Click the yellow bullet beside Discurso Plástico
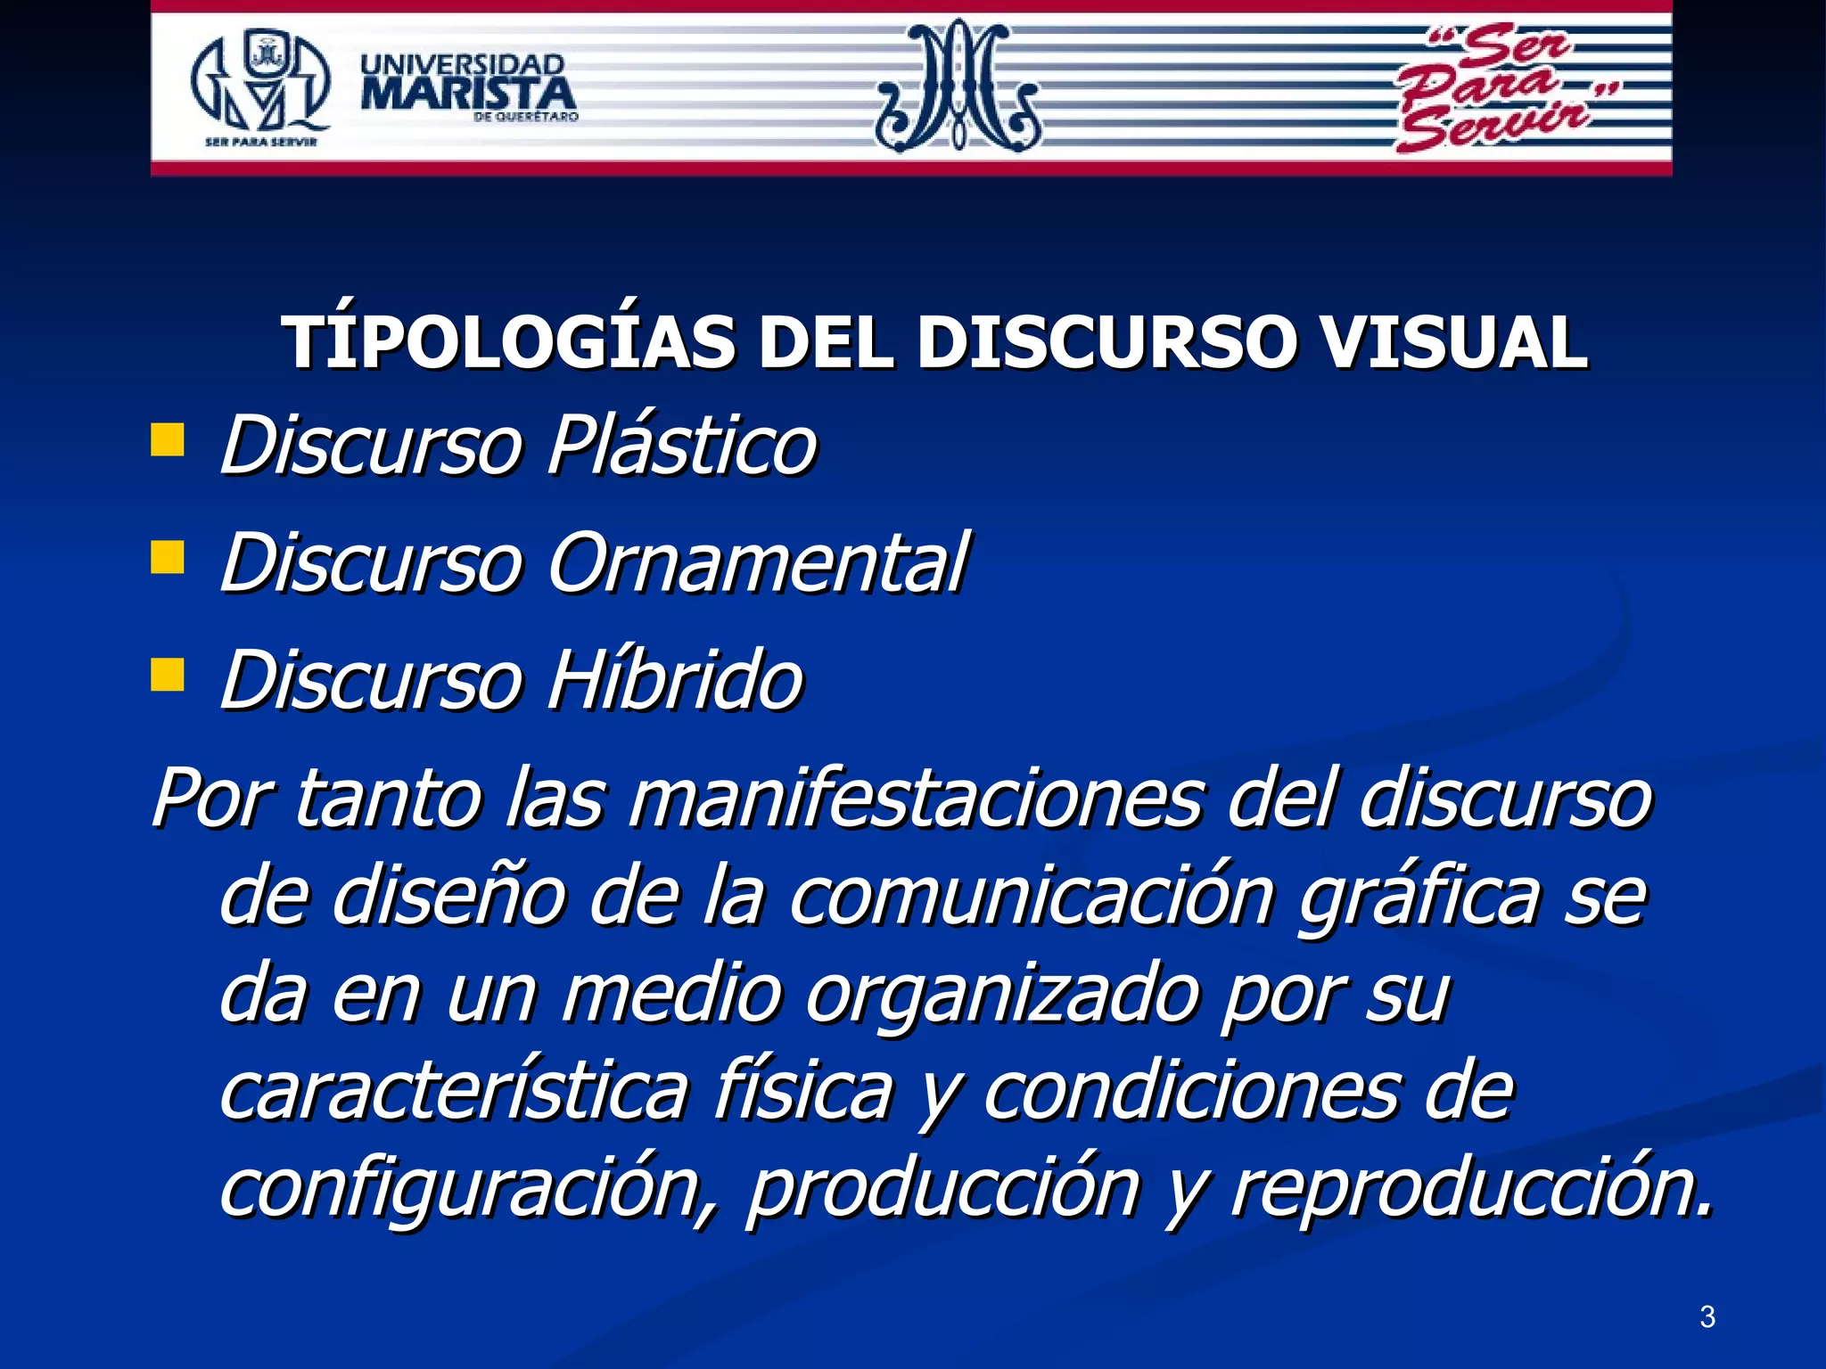(168, 439)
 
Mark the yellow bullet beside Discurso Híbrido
(168, 675)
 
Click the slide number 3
(1707, 1316)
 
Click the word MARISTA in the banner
(468, 94)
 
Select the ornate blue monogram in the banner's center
(958, 86)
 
